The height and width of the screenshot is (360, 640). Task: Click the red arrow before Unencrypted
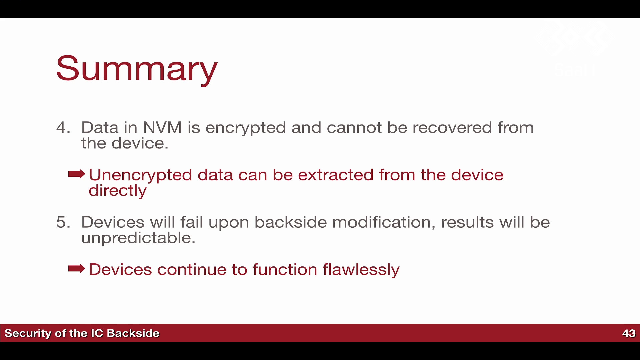tap(77, 174)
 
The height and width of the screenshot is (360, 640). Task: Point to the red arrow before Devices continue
tap(77, 268)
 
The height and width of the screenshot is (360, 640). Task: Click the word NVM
tap(162, 128)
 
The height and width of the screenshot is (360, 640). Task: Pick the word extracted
tap(336, 175)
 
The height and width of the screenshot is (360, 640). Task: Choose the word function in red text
tap(285, 269)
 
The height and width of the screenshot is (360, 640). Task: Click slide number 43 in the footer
tap(629, 333)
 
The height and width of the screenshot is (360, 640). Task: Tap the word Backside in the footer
tap(133, 333)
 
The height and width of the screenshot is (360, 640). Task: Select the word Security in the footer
tap(28, 334)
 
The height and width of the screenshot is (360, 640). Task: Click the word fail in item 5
tap(192, 222)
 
